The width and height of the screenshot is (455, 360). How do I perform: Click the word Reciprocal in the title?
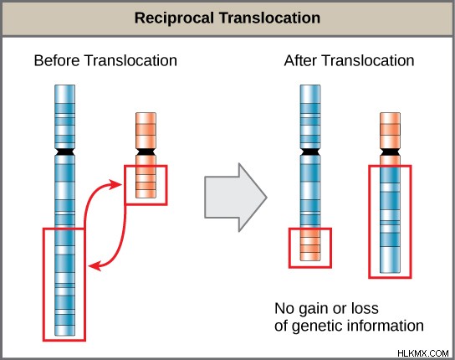[x=174, y=18]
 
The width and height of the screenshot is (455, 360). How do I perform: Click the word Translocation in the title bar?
[x=269, y=18]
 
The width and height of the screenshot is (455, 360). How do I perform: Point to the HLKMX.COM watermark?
[x=422, y=353]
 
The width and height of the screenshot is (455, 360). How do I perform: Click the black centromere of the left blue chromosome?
[x=64, y=152]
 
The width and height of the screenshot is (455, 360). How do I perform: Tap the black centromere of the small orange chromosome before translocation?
[x=146, y=152]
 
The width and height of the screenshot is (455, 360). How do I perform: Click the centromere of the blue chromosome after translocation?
[x=310, y=152]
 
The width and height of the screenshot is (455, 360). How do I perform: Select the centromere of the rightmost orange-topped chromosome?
[x=390, y=152]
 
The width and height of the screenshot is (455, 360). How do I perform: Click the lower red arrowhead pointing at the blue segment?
[x=95, y=265]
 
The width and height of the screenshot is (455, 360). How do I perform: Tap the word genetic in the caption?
[x=317, y=327]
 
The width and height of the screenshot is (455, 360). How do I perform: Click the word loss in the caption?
[x=365, y=308]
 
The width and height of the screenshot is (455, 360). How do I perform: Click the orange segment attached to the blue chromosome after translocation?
[x=310, y=244]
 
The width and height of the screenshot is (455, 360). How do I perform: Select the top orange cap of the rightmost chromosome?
[x=390, y=130]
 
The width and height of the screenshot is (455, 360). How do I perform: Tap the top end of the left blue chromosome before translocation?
[x=64, y=85]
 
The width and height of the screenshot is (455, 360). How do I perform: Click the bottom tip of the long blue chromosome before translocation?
[x=64, y=336]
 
